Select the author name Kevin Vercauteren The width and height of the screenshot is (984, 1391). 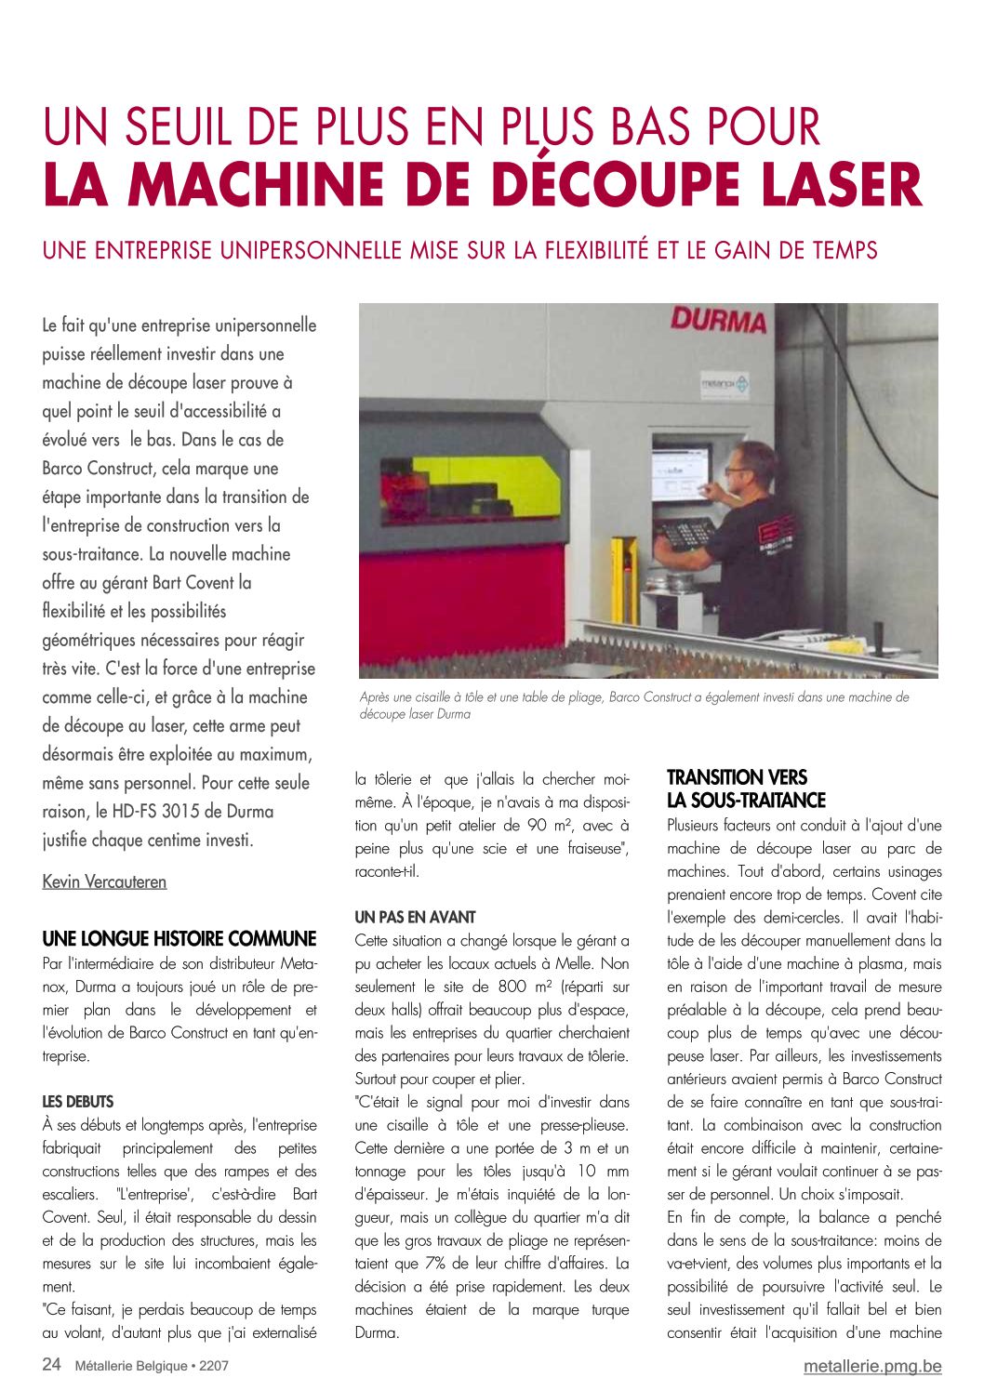click(104, 881)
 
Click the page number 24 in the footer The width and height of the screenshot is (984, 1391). click(52, 1365)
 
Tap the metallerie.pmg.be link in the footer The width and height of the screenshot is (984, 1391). click(872, 1366)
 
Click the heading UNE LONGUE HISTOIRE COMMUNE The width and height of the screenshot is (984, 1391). click(180, 938)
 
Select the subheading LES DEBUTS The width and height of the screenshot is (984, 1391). click(78, 1102)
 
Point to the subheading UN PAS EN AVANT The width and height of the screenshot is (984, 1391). click(415, 917)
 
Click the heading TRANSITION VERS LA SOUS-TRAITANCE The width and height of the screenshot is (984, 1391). click(746, 788)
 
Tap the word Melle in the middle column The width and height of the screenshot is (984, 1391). click(574, 963)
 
